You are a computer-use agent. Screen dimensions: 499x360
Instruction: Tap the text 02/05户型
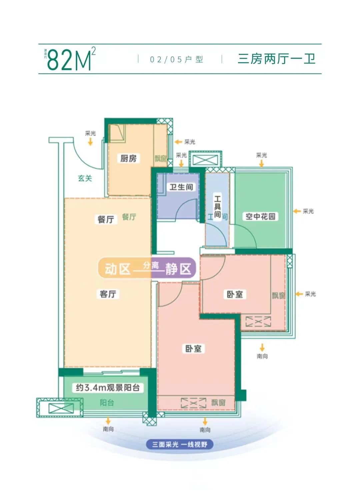pyautogui.click(x=176, y=60)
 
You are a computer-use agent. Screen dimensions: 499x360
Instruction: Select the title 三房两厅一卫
pyautogui.click(x=276, y=59)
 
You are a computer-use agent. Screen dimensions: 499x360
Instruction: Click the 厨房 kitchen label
pyautogui.click(x=128, y=158)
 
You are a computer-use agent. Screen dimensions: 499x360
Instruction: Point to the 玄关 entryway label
pyautogui.click(x=85, y=178)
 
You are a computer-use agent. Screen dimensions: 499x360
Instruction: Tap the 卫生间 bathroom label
pyautogui.click(x=181, y=187)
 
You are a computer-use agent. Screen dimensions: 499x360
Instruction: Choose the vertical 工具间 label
pyautogui.click(x=217, y=207)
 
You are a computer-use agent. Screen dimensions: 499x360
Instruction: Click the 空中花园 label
pyautogui.click(x=260, y=217)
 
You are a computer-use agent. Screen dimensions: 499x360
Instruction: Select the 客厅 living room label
pyautogui.click(x=108, y=294)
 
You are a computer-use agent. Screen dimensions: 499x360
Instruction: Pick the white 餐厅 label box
pyautogui.click(x=106, y=219)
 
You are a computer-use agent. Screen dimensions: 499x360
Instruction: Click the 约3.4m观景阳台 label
pyautogui.click(x=108, y=387)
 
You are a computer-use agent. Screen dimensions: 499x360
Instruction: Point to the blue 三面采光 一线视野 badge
pyautogui.click(x=180, y=444)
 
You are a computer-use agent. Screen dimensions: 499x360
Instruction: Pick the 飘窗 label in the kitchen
pyautogui.click(x=160, y=159)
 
